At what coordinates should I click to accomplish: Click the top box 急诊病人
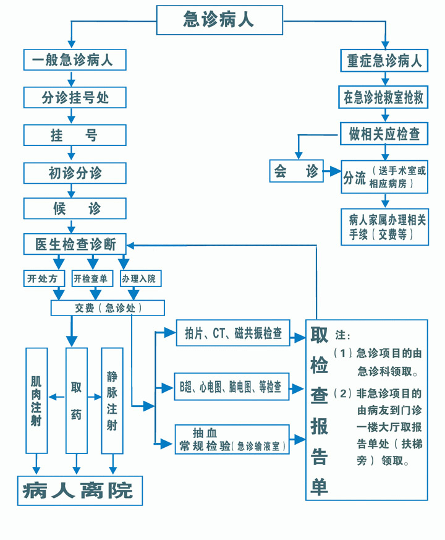(219, 20)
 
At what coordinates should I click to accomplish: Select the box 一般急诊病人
(75, 60)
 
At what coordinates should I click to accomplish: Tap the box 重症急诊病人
(384, 60)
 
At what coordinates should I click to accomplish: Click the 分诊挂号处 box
(75, 97)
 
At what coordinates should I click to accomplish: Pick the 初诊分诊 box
(75, 173)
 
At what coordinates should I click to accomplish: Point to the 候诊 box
(75, 209)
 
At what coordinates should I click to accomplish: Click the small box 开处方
(42, 279)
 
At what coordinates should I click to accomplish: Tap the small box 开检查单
(90, 279)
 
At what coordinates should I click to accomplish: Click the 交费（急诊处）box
(108, 307)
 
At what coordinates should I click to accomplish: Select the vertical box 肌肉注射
(36, 400)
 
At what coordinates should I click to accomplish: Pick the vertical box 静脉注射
(112, 400)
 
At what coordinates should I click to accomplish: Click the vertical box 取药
(75, 400)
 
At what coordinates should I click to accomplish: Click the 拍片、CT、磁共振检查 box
(234, 334)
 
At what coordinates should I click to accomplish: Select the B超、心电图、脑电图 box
(230, 388)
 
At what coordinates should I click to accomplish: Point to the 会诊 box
(296, 171)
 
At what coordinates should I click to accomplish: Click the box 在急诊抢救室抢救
(384, 97)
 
